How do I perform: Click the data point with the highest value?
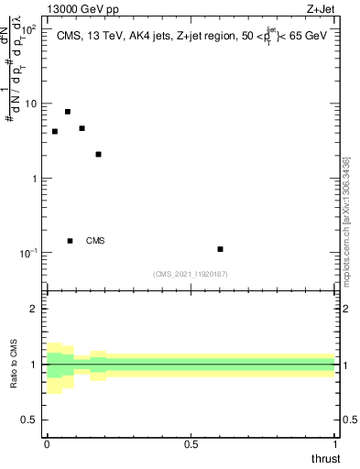(68, 112)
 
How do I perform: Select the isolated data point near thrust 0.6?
(221, 249)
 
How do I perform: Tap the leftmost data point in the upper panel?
(55, 131)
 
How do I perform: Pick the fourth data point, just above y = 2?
(98, 154)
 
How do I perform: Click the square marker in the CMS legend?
(70, 241)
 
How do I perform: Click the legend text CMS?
(95, 241)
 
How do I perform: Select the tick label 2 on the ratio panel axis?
(36, 309)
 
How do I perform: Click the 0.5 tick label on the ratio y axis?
(31, 420)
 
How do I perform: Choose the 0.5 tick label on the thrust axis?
(191, 444)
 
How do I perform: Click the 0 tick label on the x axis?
(47, 444)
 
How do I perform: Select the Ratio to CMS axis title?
(15, 365)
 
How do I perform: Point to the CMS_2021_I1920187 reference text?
(191, 274)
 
